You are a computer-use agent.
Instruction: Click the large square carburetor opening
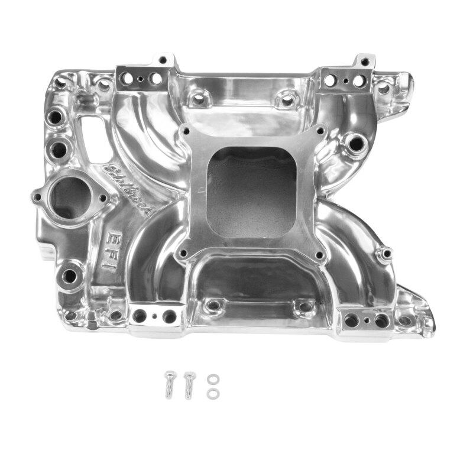(x=252, y=192)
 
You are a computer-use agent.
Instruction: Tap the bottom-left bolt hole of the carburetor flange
(x=182, y=255)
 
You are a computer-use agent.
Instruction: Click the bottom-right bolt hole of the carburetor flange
(x=320, y=256)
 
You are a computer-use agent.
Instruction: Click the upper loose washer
(x=211, y=380)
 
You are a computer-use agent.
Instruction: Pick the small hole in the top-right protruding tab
(x=365, y=61)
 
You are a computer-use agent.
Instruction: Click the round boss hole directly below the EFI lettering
(x=70, y=276)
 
